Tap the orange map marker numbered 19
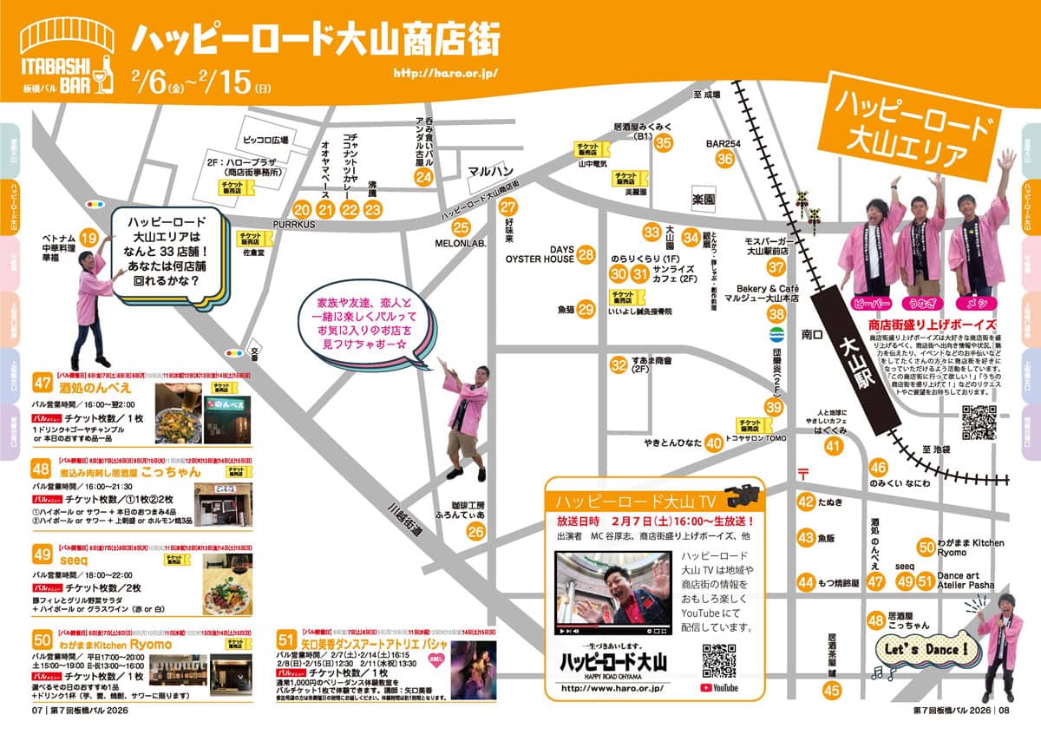click(x=88, y=238)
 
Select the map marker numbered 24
click(x=423, y=178)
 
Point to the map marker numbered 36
click(x=725, y=159)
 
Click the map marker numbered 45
click(x=832, y=691)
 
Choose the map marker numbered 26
click(x=475, y=531)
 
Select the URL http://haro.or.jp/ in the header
click(x=445, y=72)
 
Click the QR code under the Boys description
click(x=979, y=423)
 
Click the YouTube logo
click(x=719, y=688)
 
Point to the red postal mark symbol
click(x=802, y=473)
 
